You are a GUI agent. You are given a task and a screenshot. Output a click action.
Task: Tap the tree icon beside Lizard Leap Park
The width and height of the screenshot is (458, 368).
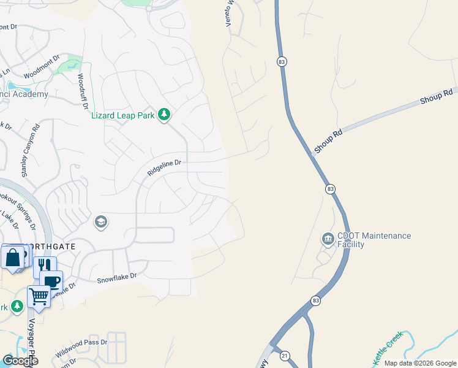pos(164,115)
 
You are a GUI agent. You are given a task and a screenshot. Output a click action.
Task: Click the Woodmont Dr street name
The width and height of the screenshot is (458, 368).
pos(42,68)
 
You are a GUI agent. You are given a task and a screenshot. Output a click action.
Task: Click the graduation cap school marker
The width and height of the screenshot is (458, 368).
pos(101,222)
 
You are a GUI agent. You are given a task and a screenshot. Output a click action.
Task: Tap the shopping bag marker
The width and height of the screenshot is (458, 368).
pos(13,258)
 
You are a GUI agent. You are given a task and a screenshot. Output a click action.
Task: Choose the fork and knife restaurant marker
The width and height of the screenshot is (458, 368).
pos(44,265)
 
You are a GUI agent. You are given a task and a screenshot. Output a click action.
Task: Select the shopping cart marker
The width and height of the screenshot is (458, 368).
pos(39,296)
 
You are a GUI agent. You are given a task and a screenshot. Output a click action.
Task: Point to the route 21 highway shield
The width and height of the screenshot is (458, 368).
pos(284,355)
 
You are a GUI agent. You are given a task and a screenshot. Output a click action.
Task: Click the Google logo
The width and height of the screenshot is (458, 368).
pos(20,361)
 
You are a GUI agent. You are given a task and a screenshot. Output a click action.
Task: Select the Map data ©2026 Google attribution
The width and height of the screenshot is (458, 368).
pos(420,363)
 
